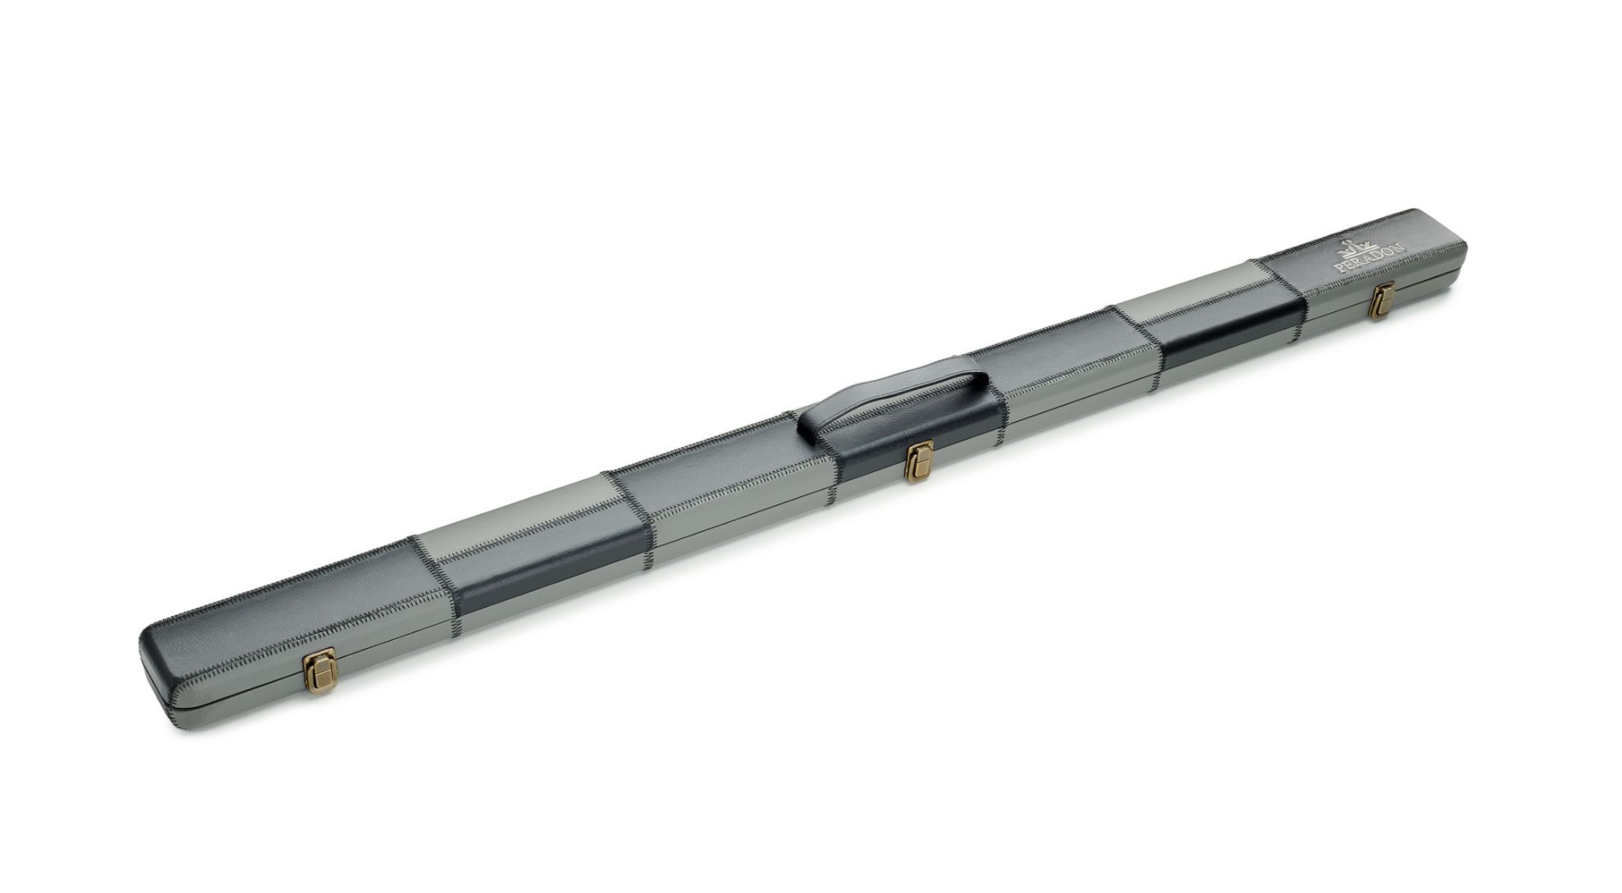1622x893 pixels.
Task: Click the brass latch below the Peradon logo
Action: [1384, 301]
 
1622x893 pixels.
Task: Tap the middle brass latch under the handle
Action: [919, 460]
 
